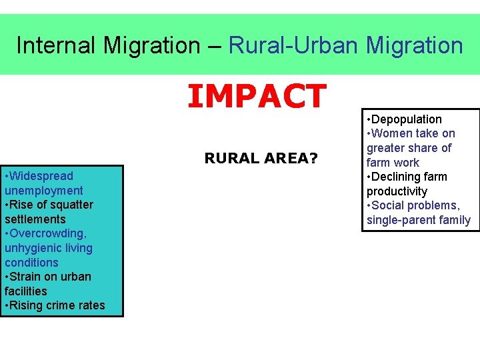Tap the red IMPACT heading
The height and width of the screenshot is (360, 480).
point(257,95)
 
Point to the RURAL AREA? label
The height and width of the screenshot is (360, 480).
point(261,158)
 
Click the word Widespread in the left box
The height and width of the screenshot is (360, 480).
point(41,176)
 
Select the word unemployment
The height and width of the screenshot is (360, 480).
point(44,191)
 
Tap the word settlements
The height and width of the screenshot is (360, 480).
point(35,219)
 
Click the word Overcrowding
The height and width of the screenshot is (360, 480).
point(49,233)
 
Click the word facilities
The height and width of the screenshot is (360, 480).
point(26,291)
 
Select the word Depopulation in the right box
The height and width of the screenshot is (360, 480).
point(406,119)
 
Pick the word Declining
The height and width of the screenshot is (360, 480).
point(409,177)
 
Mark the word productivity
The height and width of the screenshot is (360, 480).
point(397,191)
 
